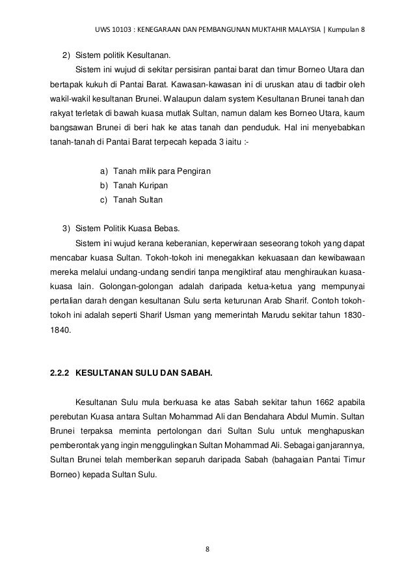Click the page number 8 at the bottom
point(207,549)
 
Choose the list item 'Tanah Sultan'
point(139,200)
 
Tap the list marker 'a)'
point(103,171)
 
